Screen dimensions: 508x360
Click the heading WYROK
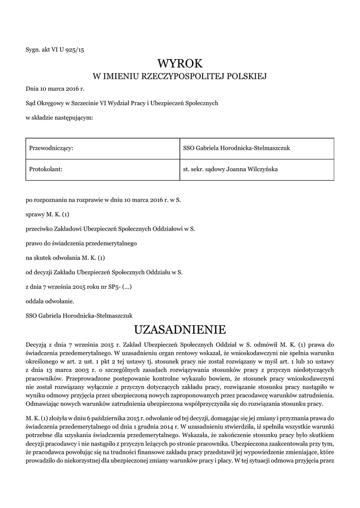coord(180,63)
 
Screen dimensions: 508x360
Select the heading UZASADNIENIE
coord(180,329)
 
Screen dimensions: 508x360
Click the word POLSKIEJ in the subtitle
coord(246,76)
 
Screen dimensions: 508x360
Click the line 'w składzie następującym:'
coord(59,117)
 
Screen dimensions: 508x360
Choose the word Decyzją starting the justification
coord(37,344)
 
